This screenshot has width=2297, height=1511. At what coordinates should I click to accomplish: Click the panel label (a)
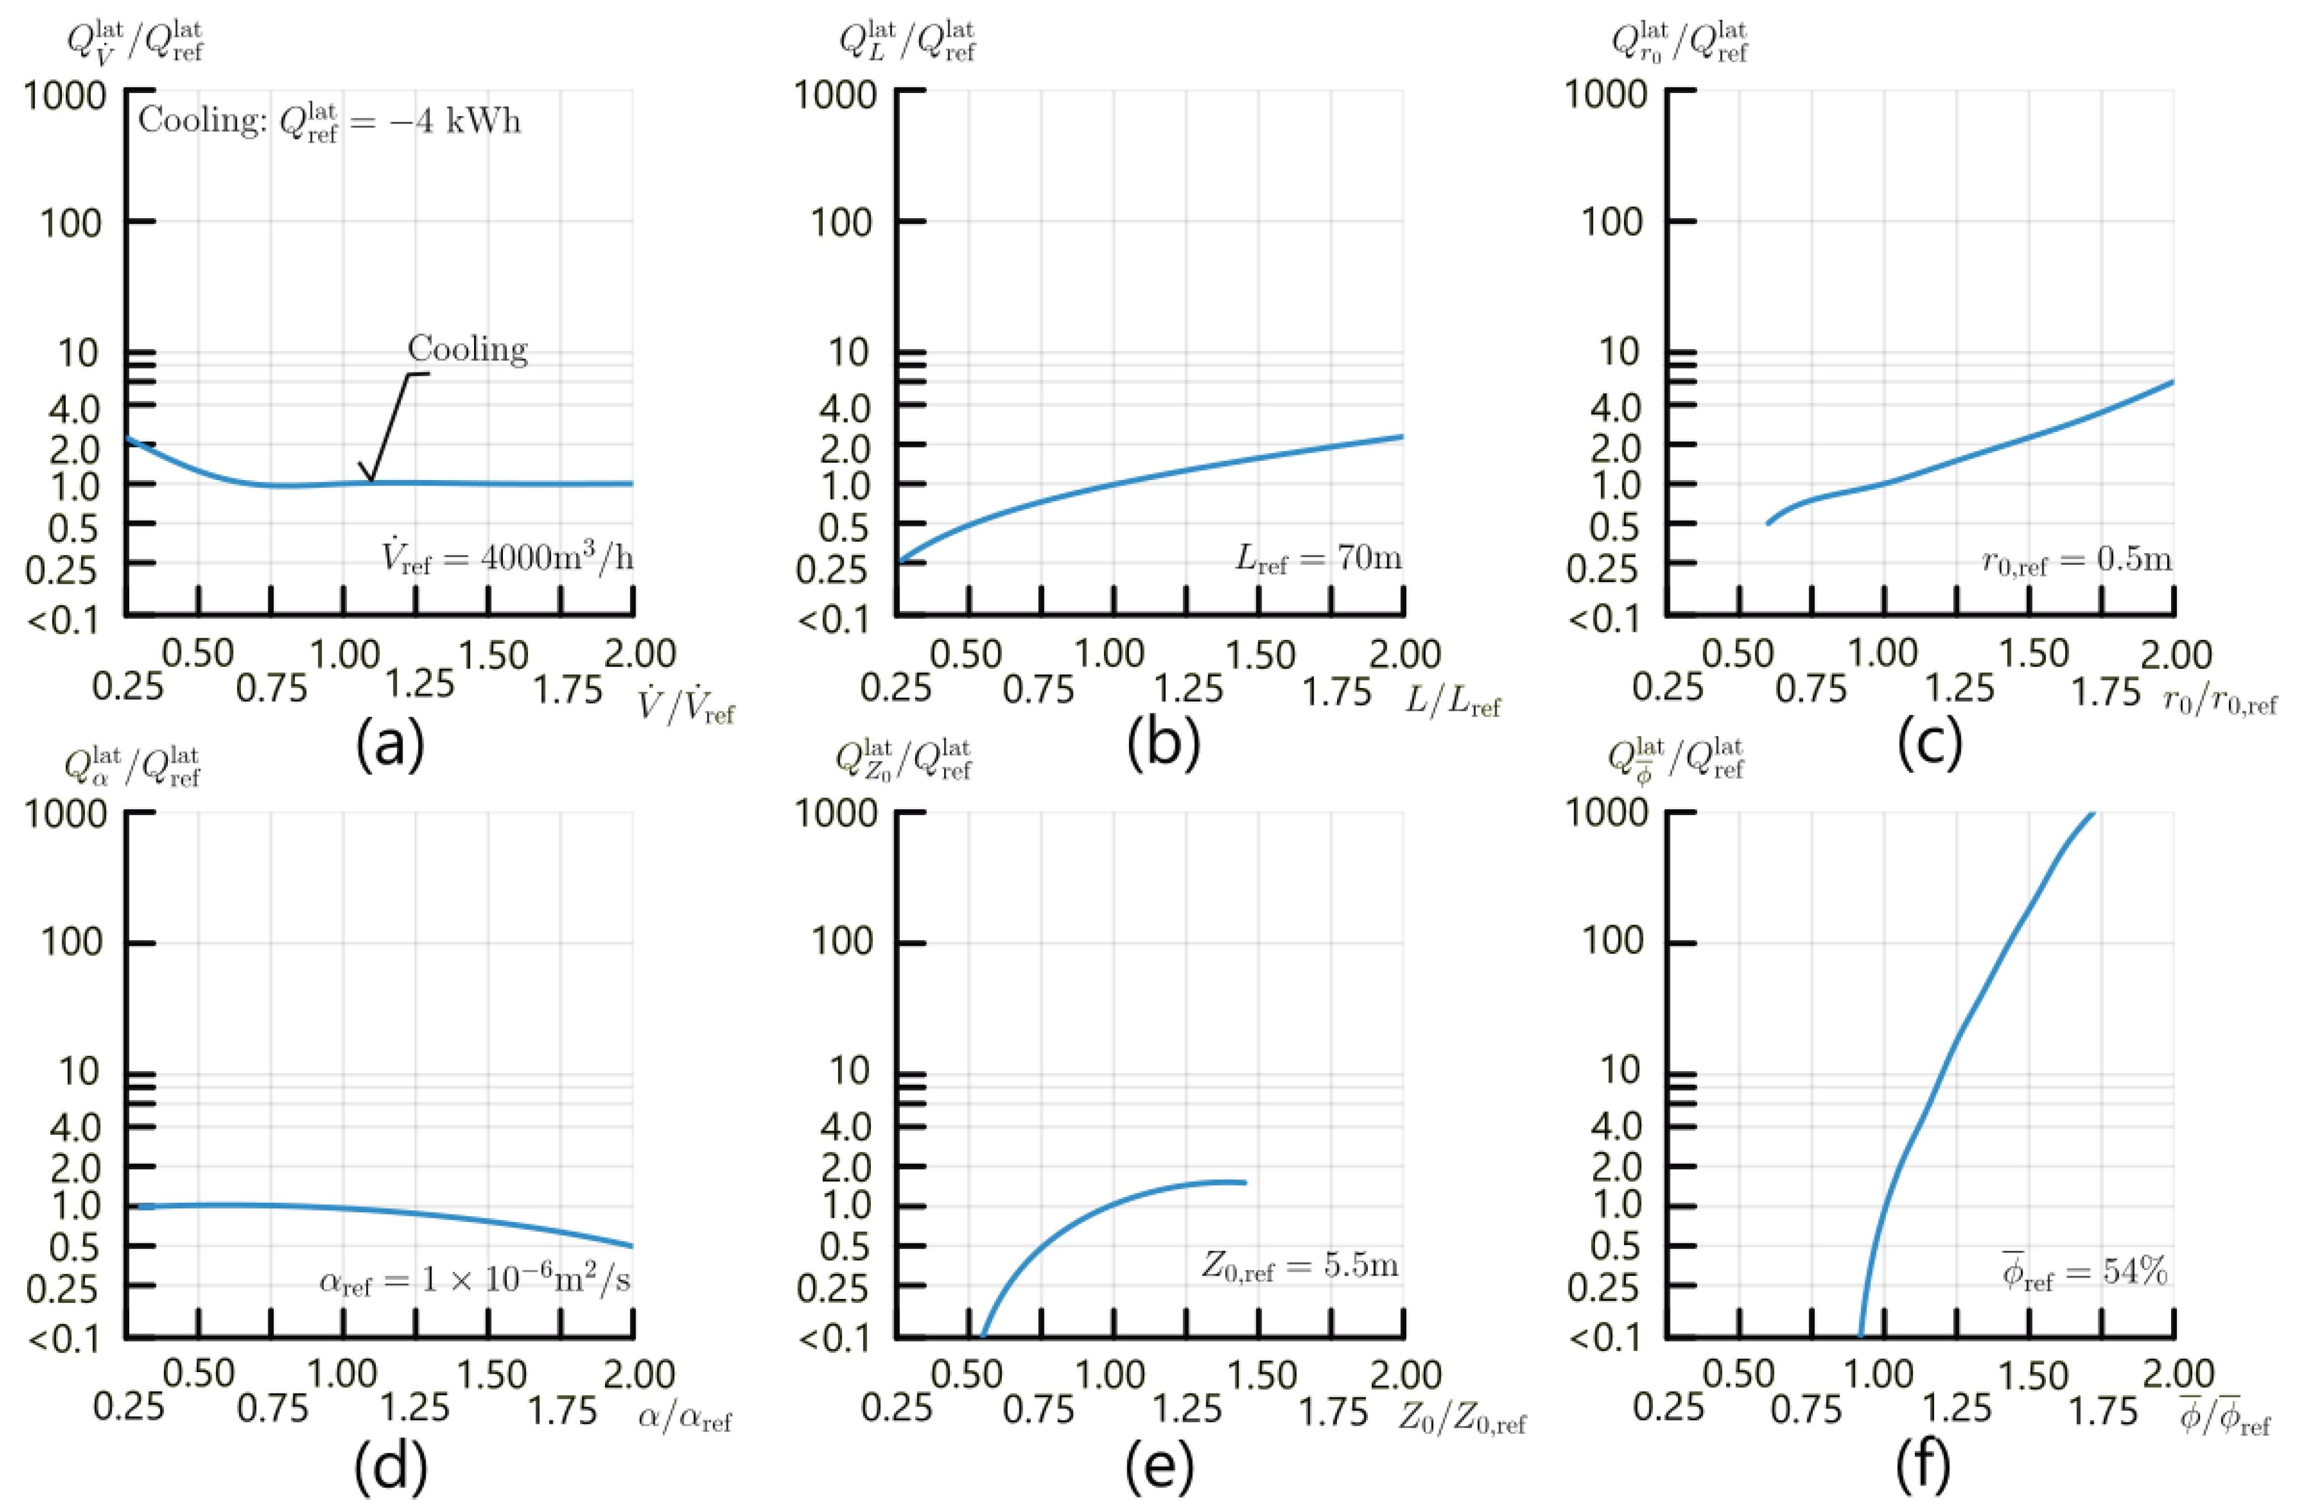[x=390, y=744]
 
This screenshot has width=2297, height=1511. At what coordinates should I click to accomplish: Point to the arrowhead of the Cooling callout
[x=368, y=479]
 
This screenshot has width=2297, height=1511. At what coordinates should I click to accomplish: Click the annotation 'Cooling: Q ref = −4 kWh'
[x=329, y=122]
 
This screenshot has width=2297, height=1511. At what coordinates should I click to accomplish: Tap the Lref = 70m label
[x=1318, y=558]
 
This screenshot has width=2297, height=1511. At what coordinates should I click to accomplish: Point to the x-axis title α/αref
[x=684, y=1419]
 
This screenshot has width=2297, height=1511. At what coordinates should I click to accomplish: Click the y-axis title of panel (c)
[x=1680, y=43]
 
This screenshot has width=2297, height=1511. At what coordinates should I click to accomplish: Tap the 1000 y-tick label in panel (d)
[x=65, y=813]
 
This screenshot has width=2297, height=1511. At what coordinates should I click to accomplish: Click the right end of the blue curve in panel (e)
[x=1246, y=1182]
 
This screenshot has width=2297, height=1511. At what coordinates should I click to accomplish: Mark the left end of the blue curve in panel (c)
[x=1767, y=524]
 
